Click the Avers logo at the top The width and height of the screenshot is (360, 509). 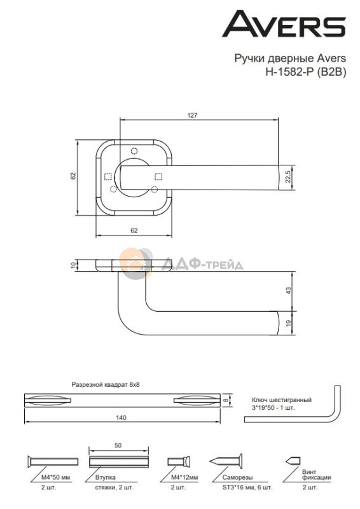coord(284,24)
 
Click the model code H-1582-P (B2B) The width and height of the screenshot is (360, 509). coord(306,71)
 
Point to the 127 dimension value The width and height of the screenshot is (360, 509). coord(192,115)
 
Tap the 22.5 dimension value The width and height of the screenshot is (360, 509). coord(288,178)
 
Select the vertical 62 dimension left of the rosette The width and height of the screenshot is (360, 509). coord(73,176)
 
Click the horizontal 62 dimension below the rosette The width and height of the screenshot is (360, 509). coord(134,230)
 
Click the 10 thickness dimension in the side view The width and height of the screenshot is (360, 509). coord(73,265)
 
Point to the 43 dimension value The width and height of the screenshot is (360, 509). coord(288,291)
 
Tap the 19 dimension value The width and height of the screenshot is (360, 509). coord(288,323)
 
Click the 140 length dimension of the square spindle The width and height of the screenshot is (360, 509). coord(121,417)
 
